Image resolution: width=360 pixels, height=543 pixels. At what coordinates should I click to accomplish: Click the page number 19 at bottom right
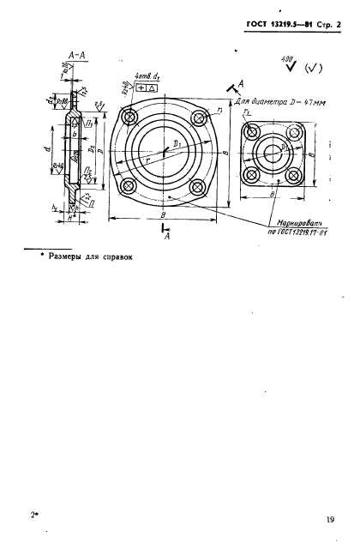[330, 518]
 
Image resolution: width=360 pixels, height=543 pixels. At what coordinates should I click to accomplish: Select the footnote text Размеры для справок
[81, 254]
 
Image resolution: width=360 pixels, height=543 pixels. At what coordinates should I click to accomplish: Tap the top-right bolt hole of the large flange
[199, 118]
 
